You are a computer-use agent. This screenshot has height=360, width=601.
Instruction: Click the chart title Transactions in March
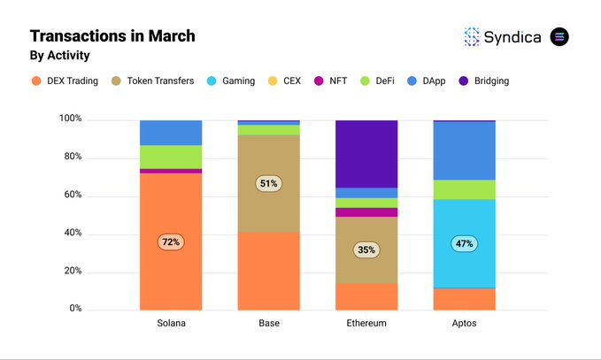coord(112,36)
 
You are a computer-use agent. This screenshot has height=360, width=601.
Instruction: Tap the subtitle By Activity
coord(59,56)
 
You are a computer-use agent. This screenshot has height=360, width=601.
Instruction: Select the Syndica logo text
coord(512,36)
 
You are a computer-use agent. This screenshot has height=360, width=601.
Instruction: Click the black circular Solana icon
coord(559,36)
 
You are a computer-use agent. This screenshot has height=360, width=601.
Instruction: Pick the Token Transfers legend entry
coord(157,80)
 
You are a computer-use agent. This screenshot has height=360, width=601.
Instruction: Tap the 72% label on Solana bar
coord(170,241)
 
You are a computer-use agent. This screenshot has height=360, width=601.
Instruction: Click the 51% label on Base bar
coord(269,184)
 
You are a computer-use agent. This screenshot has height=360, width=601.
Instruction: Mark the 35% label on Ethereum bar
coord(366,249)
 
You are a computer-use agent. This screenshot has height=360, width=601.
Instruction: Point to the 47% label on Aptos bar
coord(464,242)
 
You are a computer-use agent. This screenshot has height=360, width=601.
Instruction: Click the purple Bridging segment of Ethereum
coord(366,153)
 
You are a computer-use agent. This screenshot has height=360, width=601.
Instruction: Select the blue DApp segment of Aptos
coord(464,150)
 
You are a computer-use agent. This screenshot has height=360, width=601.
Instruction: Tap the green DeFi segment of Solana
coord(170,157)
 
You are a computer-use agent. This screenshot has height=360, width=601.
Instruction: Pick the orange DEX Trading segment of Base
coord(269,271)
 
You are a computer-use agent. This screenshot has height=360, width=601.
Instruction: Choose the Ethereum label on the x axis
coord(366,324)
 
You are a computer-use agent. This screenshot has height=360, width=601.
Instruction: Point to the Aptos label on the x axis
coord(464,324)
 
